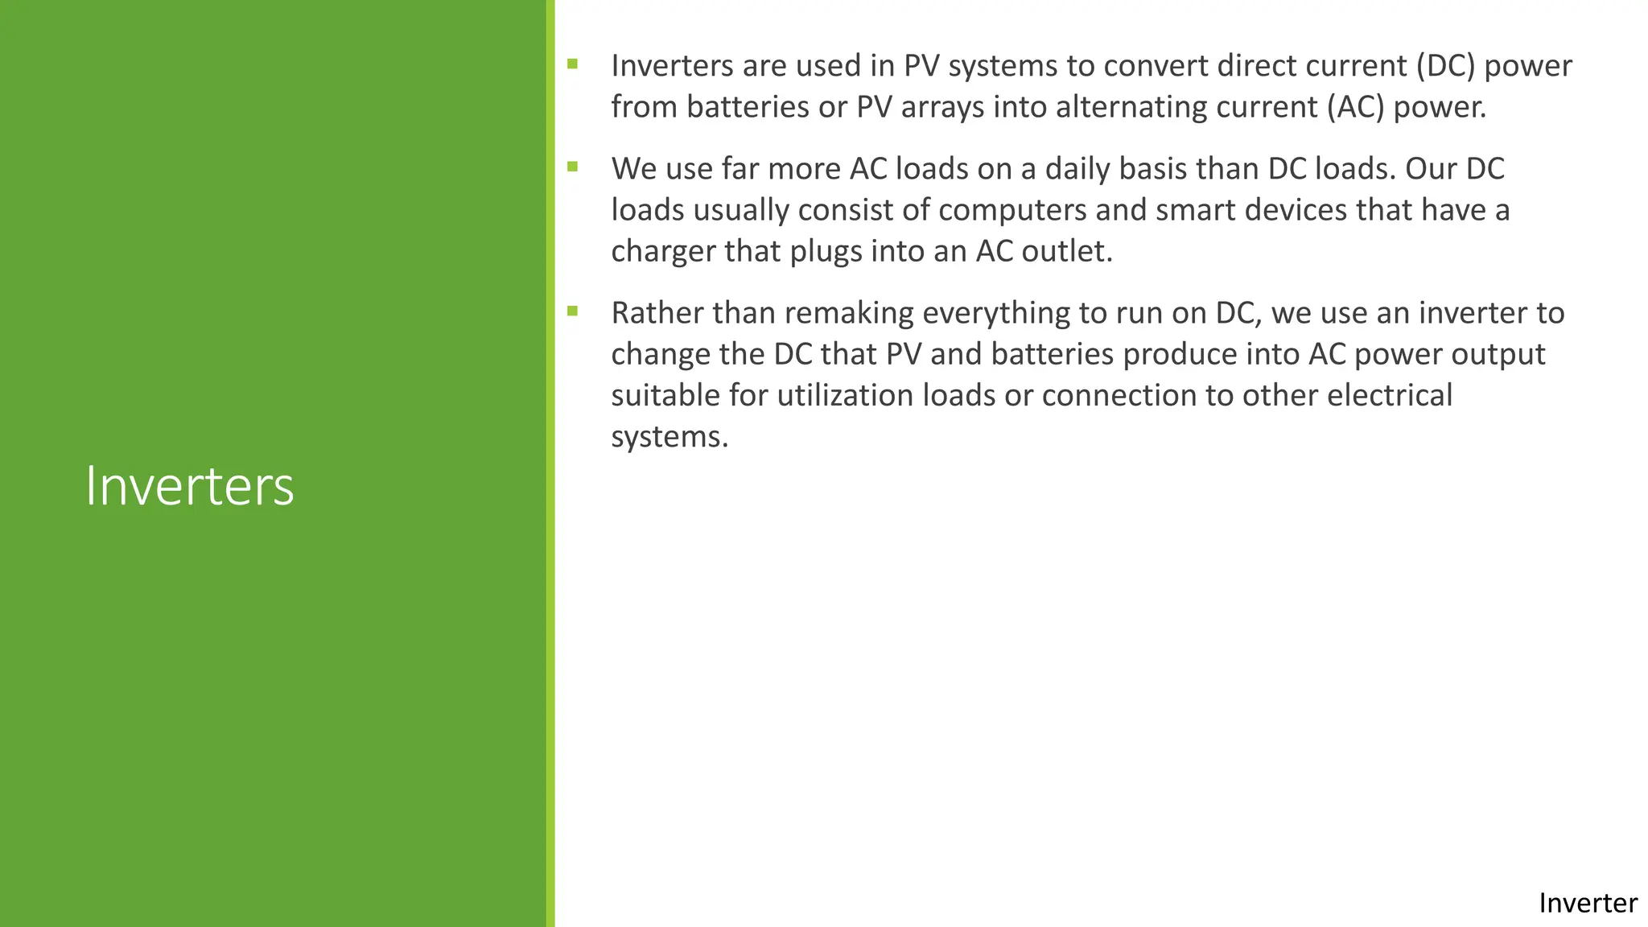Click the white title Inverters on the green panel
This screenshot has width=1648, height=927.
pyautogui.click(x=189, y=487)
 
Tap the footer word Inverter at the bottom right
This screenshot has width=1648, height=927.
pyautogui.click(x=1587, y=903)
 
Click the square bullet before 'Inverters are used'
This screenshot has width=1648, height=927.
pyautogui.click(x=572, y=64)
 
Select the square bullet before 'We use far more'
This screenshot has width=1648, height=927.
pyautogui.click(x=572, y=167)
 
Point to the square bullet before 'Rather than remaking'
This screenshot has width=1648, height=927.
pyautogui.click(x=572, y=311)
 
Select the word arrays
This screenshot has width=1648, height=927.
pyautogui.click(x=942, y=107)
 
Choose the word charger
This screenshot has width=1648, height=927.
pyautogui.click(x=662, y=251)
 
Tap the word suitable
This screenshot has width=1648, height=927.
pyautogui.click(x=665, y=395)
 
